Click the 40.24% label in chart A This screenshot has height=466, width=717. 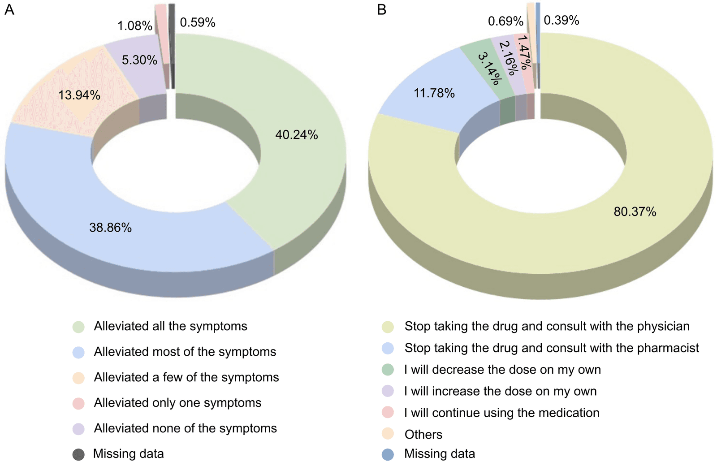pos(296,135)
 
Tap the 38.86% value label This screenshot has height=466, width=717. pos(110,228)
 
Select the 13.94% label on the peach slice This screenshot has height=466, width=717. pos(79,95)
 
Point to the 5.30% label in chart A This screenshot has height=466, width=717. pos(139,60)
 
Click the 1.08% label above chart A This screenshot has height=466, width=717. pos(135,26)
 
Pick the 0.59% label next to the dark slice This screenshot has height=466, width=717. pos(198,22)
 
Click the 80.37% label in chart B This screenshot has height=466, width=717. pos(635,211)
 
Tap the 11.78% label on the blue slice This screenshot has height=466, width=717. pos(434,93)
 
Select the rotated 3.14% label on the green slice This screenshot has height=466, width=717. pos(489,69)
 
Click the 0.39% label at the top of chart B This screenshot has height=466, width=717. pos(561,20)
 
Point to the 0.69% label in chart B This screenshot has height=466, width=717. pos(505,21)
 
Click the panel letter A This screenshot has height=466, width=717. pos(9,9)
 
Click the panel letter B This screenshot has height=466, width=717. pos(382,9)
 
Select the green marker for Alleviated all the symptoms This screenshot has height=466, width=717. pos(78,327)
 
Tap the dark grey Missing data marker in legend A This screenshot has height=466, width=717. pos(78,454)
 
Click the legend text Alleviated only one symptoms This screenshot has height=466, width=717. pos(177,403)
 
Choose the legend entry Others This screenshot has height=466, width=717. pos(423,435)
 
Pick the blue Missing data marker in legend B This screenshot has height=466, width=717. pos(388,454)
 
